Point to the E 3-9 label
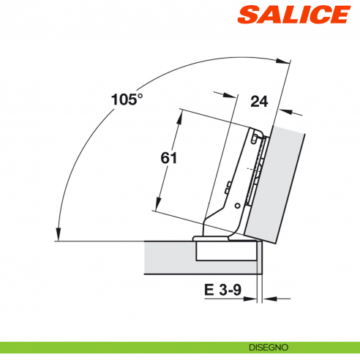[x=222, y=290]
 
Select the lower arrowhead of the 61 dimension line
[x=157, y=207]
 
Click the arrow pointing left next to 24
[x=284, y=113]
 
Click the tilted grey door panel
[x=278, y=183]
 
